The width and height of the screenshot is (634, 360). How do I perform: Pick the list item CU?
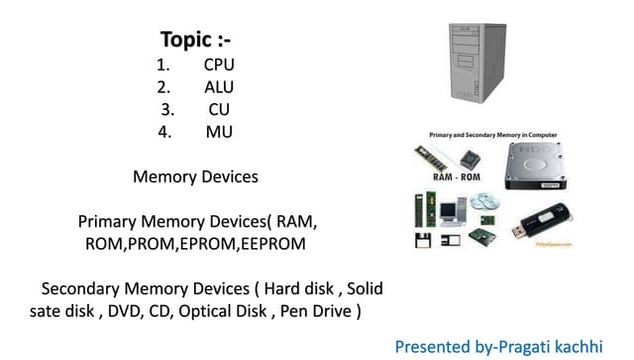[x=218, y=109]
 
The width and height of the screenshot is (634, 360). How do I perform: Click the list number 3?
[x=167, y=109]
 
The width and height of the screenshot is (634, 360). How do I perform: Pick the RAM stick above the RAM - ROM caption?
[x=431, y=157]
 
